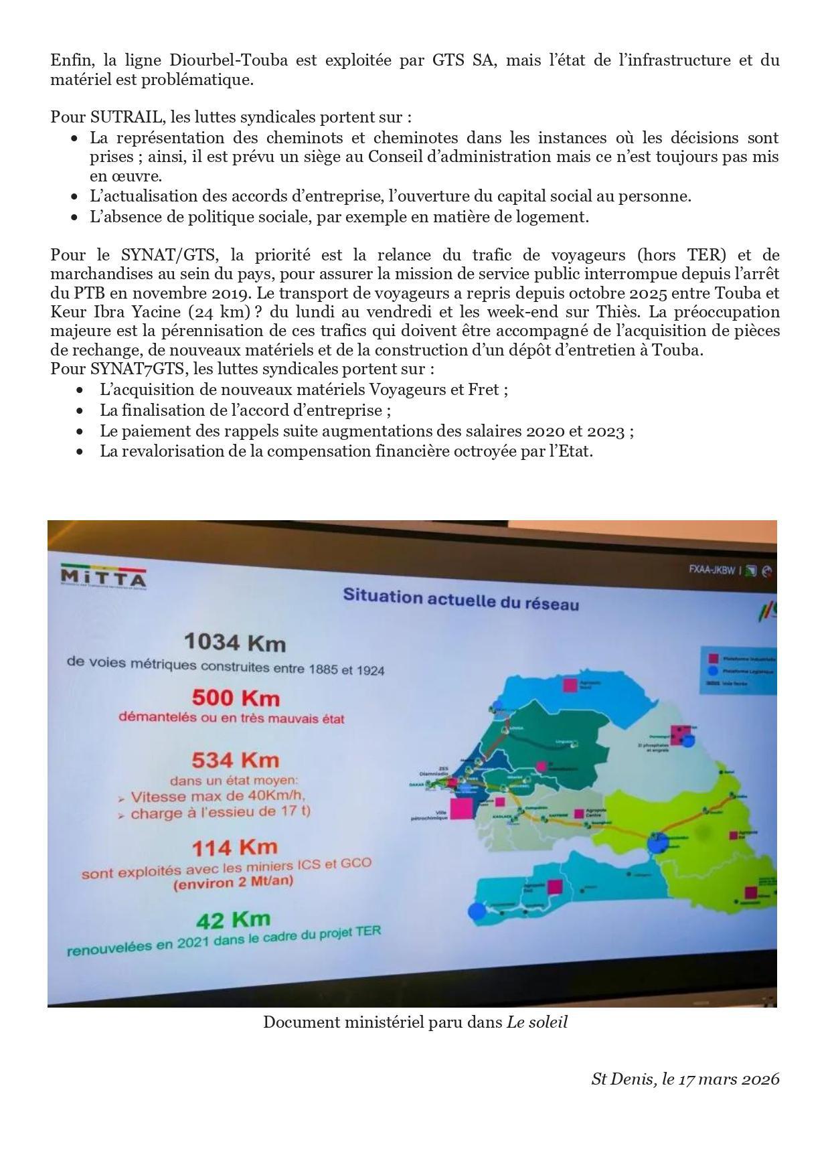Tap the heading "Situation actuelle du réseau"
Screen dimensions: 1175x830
[x=461, y=599]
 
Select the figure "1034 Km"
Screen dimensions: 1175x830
[x=235, y=642]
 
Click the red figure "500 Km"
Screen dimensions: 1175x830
[x=236, y=698]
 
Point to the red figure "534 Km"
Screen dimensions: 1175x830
[x=235, y=760]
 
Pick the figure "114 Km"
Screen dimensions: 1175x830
[x=234, y=848]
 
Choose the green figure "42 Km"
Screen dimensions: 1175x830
[x=234, y=920]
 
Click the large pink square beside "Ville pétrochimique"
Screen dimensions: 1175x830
[x=461, y=808]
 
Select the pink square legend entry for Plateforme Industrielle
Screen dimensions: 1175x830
[x=714, y=658]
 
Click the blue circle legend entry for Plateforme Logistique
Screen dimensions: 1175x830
[x=713, y=670]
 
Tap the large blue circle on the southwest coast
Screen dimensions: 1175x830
[x=477, y=911]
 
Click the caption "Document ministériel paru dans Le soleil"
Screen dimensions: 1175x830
[x=415, y=1022]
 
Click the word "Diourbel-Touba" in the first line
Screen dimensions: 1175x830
[x=229, y=60]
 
